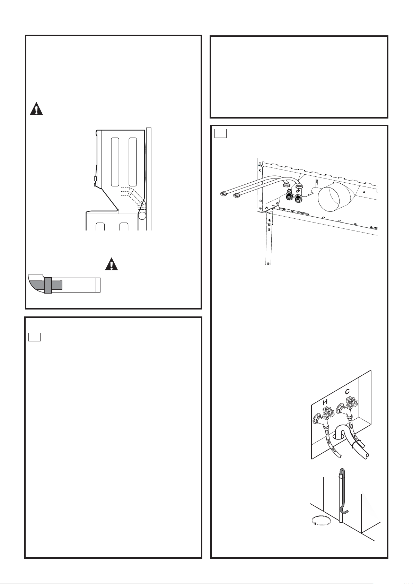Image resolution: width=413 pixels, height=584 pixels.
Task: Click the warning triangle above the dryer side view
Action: (36, 109)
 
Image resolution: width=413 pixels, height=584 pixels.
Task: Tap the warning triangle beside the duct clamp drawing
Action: (112, 264)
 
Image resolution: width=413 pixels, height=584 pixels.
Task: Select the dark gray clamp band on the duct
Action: (48, 285)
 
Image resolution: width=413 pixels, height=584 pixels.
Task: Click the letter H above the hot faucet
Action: (325, 402)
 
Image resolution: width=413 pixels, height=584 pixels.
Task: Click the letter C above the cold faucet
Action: (348, 391)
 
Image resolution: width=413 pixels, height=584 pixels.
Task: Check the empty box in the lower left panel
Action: (34, 337)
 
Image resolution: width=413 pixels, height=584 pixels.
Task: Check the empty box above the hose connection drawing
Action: (220, 133)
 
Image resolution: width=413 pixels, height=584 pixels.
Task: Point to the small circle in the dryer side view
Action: (142, 215)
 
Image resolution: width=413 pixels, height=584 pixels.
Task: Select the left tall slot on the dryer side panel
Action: (115, 162)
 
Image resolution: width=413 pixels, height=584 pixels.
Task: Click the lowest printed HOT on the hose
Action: (334, 450)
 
